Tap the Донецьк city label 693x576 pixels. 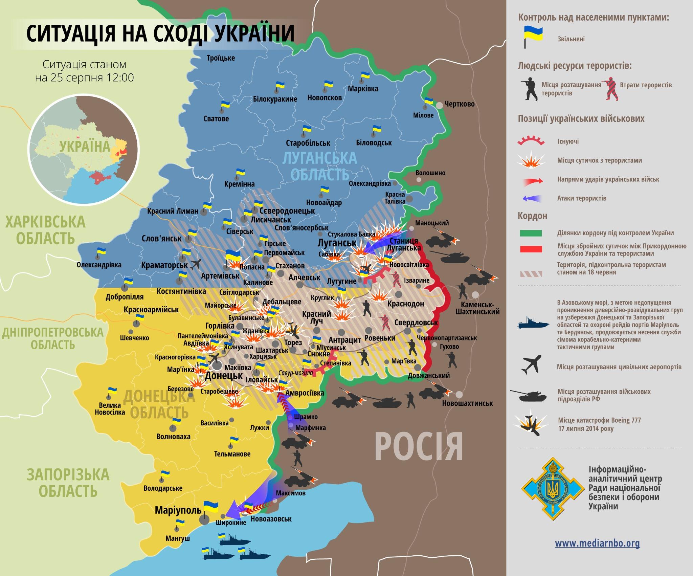coord(224,376)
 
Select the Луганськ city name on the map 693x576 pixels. coord(337,243)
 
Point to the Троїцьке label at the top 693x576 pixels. coord(221,58)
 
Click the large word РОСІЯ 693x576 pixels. coord(419,446)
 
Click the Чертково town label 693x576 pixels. coord(459,104)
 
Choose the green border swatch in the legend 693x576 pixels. coord(531,233)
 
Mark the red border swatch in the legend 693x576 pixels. coord(531,249)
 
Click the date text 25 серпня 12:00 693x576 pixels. coord(85,78)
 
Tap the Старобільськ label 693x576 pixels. coord(308,143)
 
